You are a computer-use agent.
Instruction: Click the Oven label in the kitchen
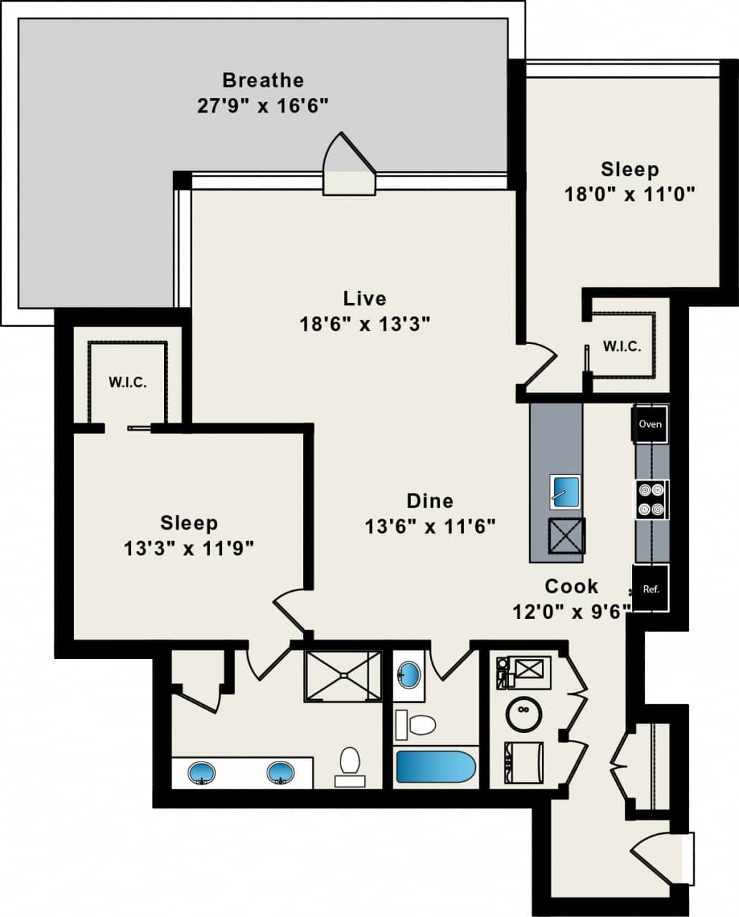tap(650, 423)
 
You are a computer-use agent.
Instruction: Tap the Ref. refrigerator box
tap(650, 589)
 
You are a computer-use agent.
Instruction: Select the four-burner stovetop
tap(652, 499)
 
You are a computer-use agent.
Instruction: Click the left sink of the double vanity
tap(201, 773)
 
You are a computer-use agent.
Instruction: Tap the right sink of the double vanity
tap(281, 773)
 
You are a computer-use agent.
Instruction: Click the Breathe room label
tap(262, 80)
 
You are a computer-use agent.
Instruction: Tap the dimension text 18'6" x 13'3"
tap(364, 324)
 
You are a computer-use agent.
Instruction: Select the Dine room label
tap(430, 501)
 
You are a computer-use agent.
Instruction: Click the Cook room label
tap(571, 586)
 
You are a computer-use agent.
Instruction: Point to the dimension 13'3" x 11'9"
tap(189, 549)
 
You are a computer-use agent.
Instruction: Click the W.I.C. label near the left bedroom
tap(128, 382)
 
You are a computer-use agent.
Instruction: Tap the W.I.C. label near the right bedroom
tap(621, 346)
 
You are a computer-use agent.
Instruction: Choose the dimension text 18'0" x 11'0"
tap(630, 194)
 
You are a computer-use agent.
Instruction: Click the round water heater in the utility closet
tap(524, 712)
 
